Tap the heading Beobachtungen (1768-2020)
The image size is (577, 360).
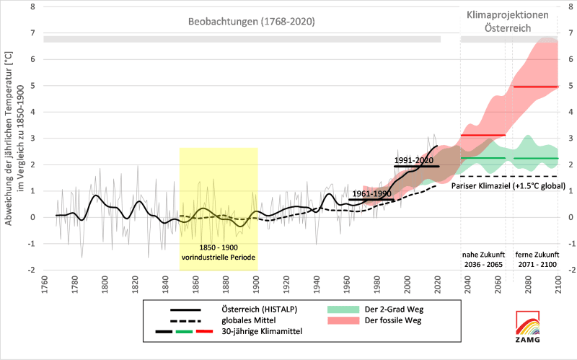pos(252,22)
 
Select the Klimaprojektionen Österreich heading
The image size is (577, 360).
pos(508,21)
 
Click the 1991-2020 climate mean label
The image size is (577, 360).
pos(418,159)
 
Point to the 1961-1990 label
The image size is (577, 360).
pos(372,193)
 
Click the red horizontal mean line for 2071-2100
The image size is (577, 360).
pos(535,87)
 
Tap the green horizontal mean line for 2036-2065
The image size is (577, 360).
pos(483,158)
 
